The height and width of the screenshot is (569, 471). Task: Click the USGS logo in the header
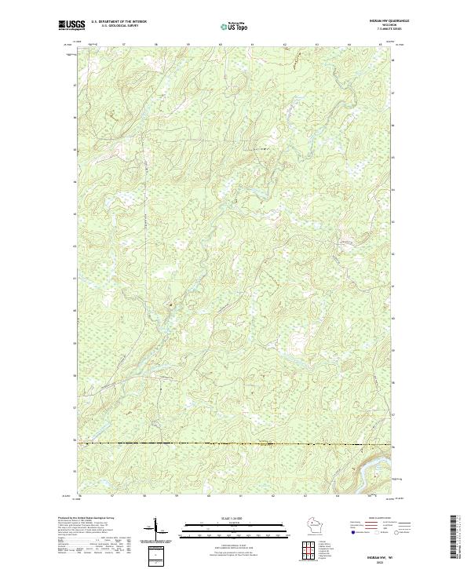(71, 25)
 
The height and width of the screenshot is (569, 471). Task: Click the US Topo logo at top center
(234, 27)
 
